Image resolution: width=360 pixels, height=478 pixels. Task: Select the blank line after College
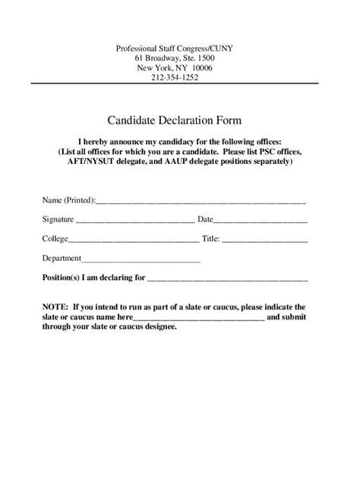134,241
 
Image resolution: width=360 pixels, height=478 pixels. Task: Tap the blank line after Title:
265,241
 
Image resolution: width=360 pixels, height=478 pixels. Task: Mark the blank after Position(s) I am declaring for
227,280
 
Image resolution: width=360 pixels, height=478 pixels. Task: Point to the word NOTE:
55,306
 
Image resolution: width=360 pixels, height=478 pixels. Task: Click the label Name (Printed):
68,200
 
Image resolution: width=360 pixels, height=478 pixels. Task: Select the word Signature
58,219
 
